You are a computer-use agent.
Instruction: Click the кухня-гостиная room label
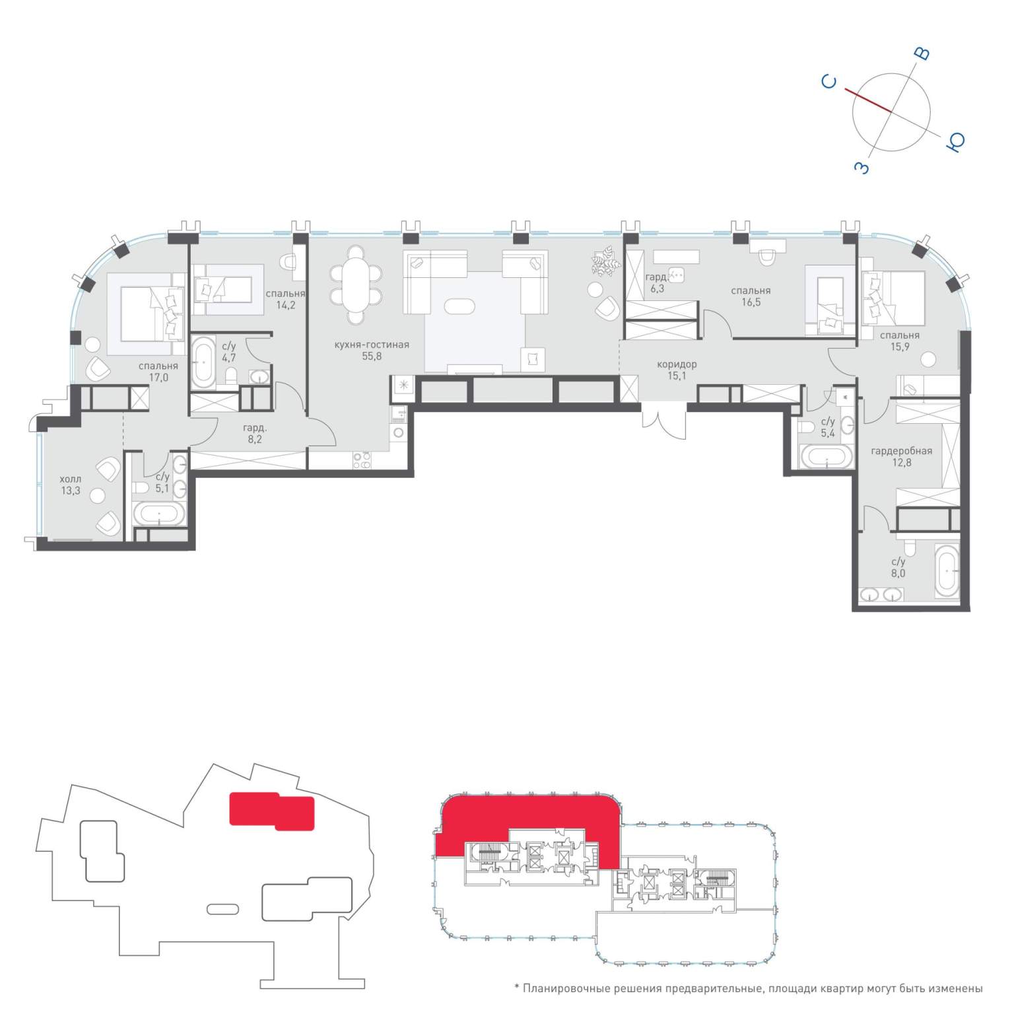click(x=372, y=345)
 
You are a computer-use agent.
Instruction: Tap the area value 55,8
click(x=372, y=356)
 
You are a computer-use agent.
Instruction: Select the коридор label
click(x=677, y=364)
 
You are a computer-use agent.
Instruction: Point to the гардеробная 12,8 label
click(x=901, y=457)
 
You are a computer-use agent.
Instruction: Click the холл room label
click(x=71, y=479)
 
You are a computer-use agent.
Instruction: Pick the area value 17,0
click(x=158, y=378)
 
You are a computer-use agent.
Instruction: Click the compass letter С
click(x=829, y=82)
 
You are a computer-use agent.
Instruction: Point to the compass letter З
click(x=862, y=168)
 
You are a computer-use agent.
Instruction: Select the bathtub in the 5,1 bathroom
click(x=159, y=514)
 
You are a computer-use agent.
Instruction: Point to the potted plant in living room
click(x=606, y=259)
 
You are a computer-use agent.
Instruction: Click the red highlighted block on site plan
click(x=271, y=811)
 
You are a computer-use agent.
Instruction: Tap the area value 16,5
click(x=751, y=302)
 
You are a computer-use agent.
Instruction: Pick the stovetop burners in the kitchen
click(x=361, y=460)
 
